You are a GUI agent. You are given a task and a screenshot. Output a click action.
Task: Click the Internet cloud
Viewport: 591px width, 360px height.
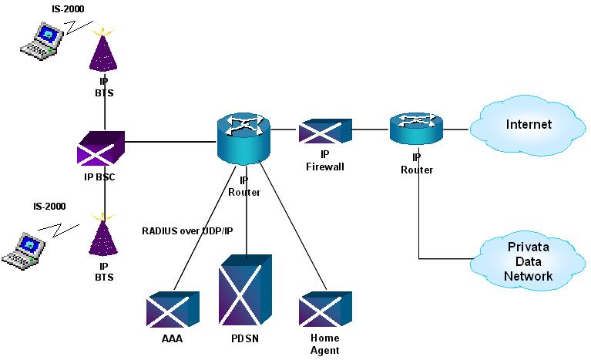point(528,125)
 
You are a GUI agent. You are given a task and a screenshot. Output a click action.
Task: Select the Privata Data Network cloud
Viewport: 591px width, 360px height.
point(529,261)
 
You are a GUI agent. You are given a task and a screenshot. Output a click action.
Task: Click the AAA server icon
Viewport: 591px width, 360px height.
point(173,311)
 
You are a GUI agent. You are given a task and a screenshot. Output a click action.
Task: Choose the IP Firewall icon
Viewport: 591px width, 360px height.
point(324,131)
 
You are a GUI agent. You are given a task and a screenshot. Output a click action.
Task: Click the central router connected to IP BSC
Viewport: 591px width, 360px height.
point(240,136)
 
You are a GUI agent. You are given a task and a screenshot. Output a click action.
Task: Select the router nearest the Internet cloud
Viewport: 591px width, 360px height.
point(417,128)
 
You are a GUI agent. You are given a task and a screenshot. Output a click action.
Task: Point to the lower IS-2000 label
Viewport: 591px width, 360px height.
point(49,207)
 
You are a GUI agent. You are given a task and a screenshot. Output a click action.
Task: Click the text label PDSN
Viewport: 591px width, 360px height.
point(246,338)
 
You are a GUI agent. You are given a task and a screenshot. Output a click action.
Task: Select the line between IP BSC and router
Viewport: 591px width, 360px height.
point(170,142)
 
